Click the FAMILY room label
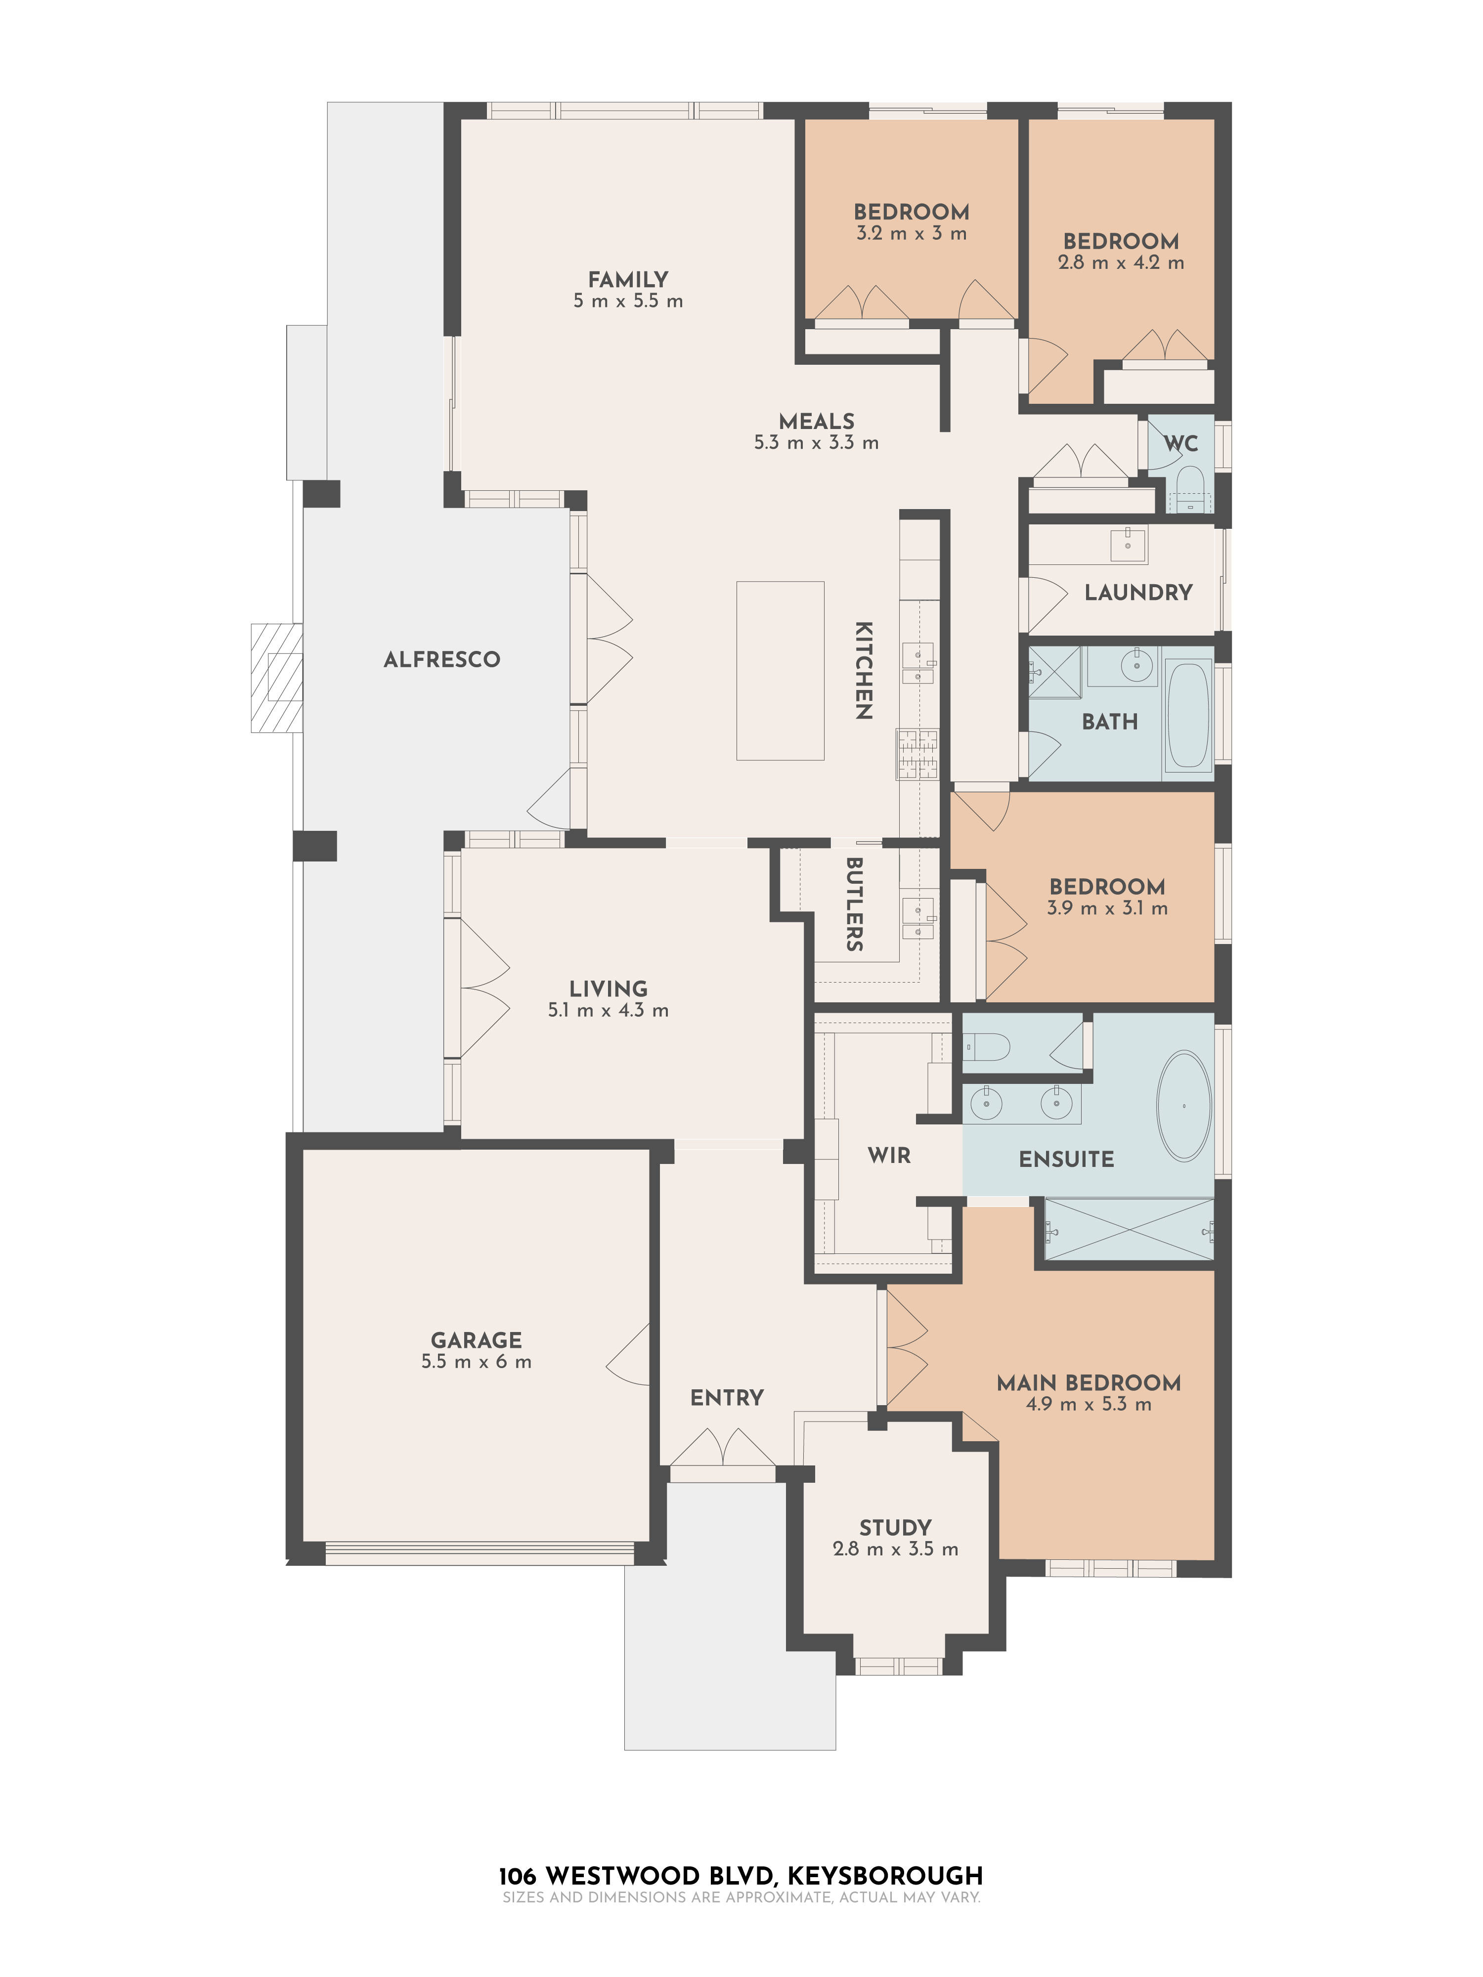[x=627, y=279]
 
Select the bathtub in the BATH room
[x=1188, y=715]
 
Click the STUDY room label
[x=895, y=1527]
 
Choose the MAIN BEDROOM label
[x=1088, y=1382]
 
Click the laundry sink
[x=1128, y=544]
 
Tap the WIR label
[x=888, y=1155]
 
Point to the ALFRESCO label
[x=441, y=660]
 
